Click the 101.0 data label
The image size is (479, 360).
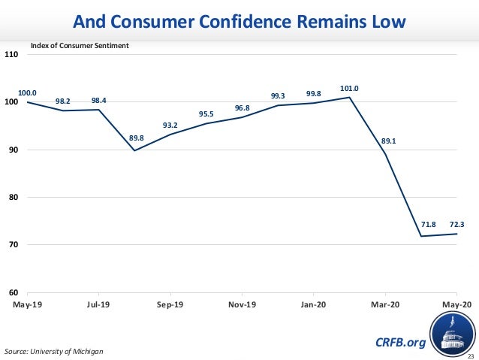tap(350, 89)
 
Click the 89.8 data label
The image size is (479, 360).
tap(137, 138)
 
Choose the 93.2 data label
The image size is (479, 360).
tap(171, 125)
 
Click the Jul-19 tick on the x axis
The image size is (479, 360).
tap(98, 304)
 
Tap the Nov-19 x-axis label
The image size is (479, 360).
tap(242, 304)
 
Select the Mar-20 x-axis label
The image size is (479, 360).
tap(385, 304)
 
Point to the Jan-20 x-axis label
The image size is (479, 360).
tap(313, 304)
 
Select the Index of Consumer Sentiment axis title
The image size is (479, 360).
tap(80, 46)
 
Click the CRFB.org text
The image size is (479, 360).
tap(399, 343)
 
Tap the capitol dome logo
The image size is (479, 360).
tap(452, 335)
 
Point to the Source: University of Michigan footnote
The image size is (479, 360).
tap(53, 351)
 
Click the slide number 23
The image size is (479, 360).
tap(471, 355)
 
